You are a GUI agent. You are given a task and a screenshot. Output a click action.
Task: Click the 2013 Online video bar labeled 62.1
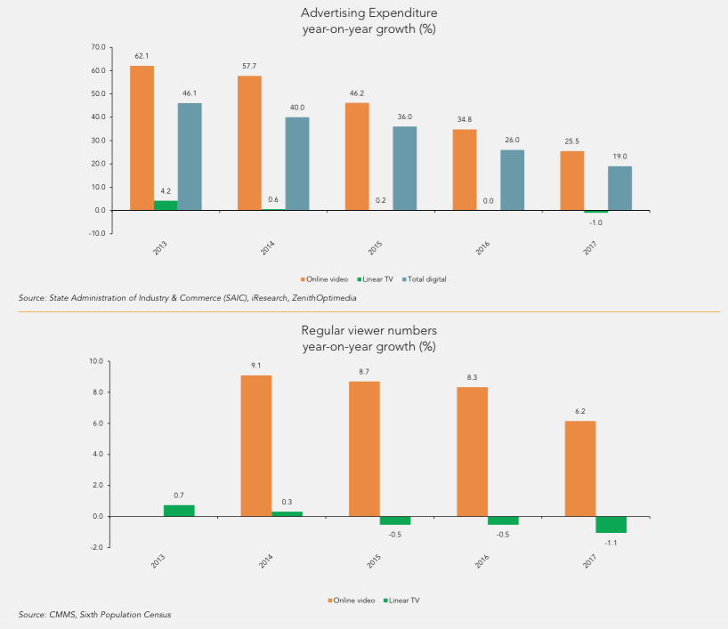(x=142, y=138)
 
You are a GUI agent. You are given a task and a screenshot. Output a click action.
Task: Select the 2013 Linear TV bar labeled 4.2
(x=166, y=206)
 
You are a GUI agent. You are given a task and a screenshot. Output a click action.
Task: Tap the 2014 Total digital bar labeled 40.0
(x=297, y=164)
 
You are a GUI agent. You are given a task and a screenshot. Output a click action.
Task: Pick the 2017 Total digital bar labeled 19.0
(x=620, y=189)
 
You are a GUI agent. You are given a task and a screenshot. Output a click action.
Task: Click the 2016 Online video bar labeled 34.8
(x=465, y=170)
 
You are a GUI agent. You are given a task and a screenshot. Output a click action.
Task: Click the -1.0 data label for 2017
(x=596, y=222)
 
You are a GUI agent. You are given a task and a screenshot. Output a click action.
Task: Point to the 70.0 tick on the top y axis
(x=98, y=47)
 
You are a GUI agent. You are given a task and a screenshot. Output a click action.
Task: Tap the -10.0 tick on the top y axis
(x=96, y=234)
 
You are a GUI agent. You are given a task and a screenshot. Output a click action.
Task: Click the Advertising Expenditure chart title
(x=368, y=13)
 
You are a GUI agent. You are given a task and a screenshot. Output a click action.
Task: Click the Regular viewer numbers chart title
(x=368, y=330)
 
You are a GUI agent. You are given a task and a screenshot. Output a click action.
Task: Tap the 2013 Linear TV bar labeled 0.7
(x=179, y=511)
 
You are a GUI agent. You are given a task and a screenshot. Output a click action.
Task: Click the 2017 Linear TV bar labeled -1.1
(x=611, y=525)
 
